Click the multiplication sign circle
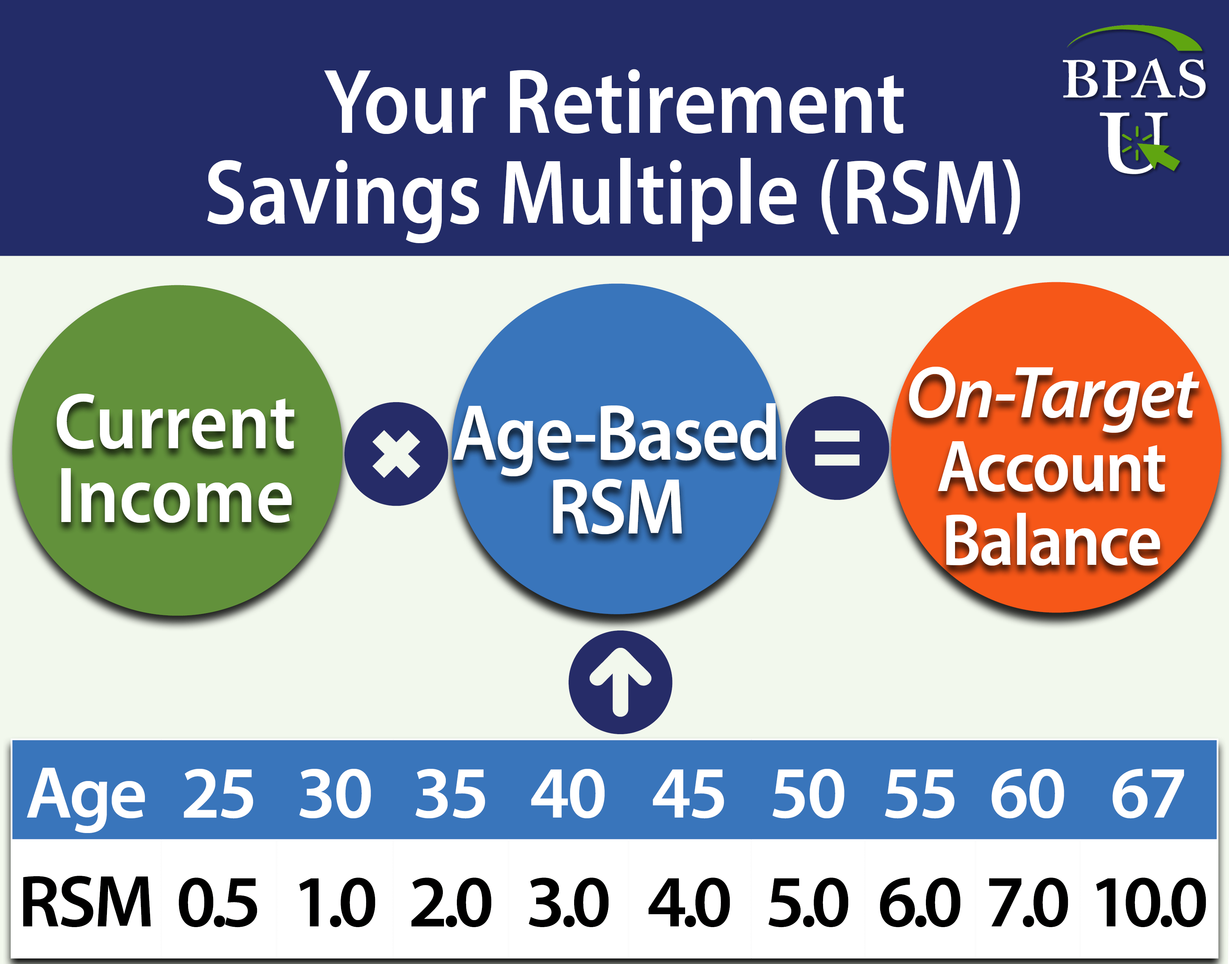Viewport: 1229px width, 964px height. (x=396, y=454)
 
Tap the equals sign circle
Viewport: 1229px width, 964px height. (x=837, y=448)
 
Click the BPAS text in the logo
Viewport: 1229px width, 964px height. (x=1133, y=80)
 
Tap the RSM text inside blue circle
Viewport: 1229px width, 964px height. (x=617, y=507)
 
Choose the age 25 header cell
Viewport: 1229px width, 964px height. (x=218, y=795)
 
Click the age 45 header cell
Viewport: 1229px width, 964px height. (x=688, y=795)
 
